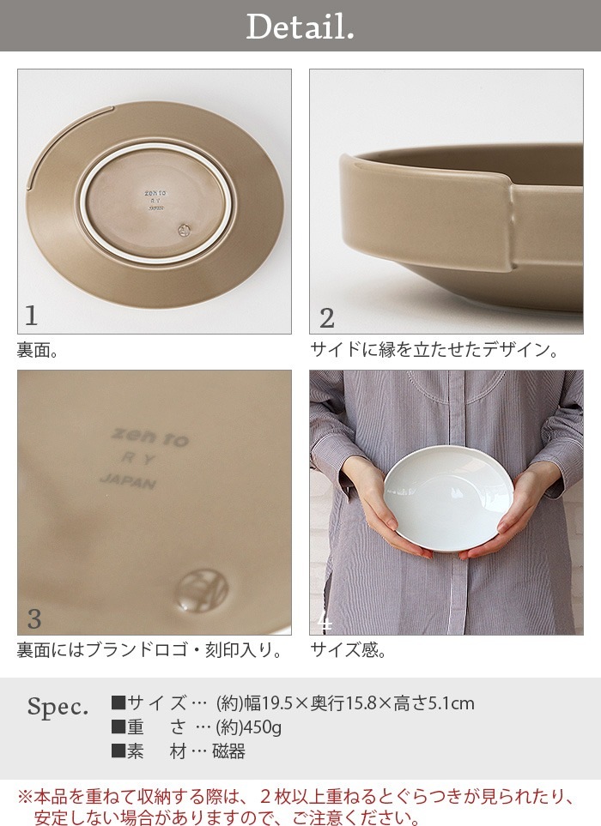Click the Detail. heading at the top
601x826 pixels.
[300, 27]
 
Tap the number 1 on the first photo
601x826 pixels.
[32, 317]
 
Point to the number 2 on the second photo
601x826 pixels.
[326, 318]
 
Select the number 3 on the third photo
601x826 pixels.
[33, 618]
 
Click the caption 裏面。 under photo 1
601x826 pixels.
[38, 350]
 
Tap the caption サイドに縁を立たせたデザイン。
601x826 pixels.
[436, 350]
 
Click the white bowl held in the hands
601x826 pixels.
[447, 498]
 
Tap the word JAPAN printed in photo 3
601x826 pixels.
[128, 481]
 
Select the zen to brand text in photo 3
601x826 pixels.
[150, 437]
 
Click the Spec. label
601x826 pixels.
[58, 708]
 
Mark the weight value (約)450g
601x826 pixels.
[249, 728]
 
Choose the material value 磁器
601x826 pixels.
[229, 751]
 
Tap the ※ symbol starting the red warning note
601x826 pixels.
[25, 797]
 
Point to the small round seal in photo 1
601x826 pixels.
[182, 229]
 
